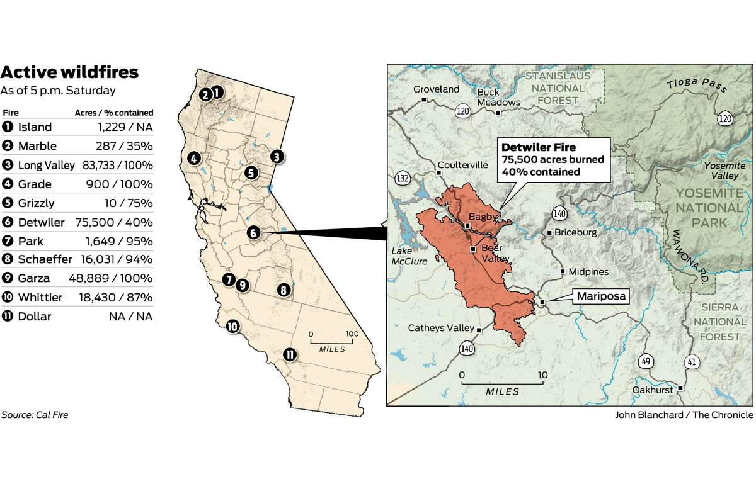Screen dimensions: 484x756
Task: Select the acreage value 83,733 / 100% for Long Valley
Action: [x=115, y=165]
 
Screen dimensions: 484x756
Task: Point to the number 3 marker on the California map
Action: [x=277, y=156]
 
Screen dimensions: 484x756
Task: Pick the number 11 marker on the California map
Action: [x=289, y=354]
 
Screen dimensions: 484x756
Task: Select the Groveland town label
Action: [x=436, y=89]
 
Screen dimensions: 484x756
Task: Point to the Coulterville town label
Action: [x=462, y=166]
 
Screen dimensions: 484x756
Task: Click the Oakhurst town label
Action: [x=654, y=390]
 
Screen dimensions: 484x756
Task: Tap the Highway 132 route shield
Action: [x=403, y=178]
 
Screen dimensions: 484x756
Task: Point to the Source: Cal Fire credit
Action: [x=35, y=415]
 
